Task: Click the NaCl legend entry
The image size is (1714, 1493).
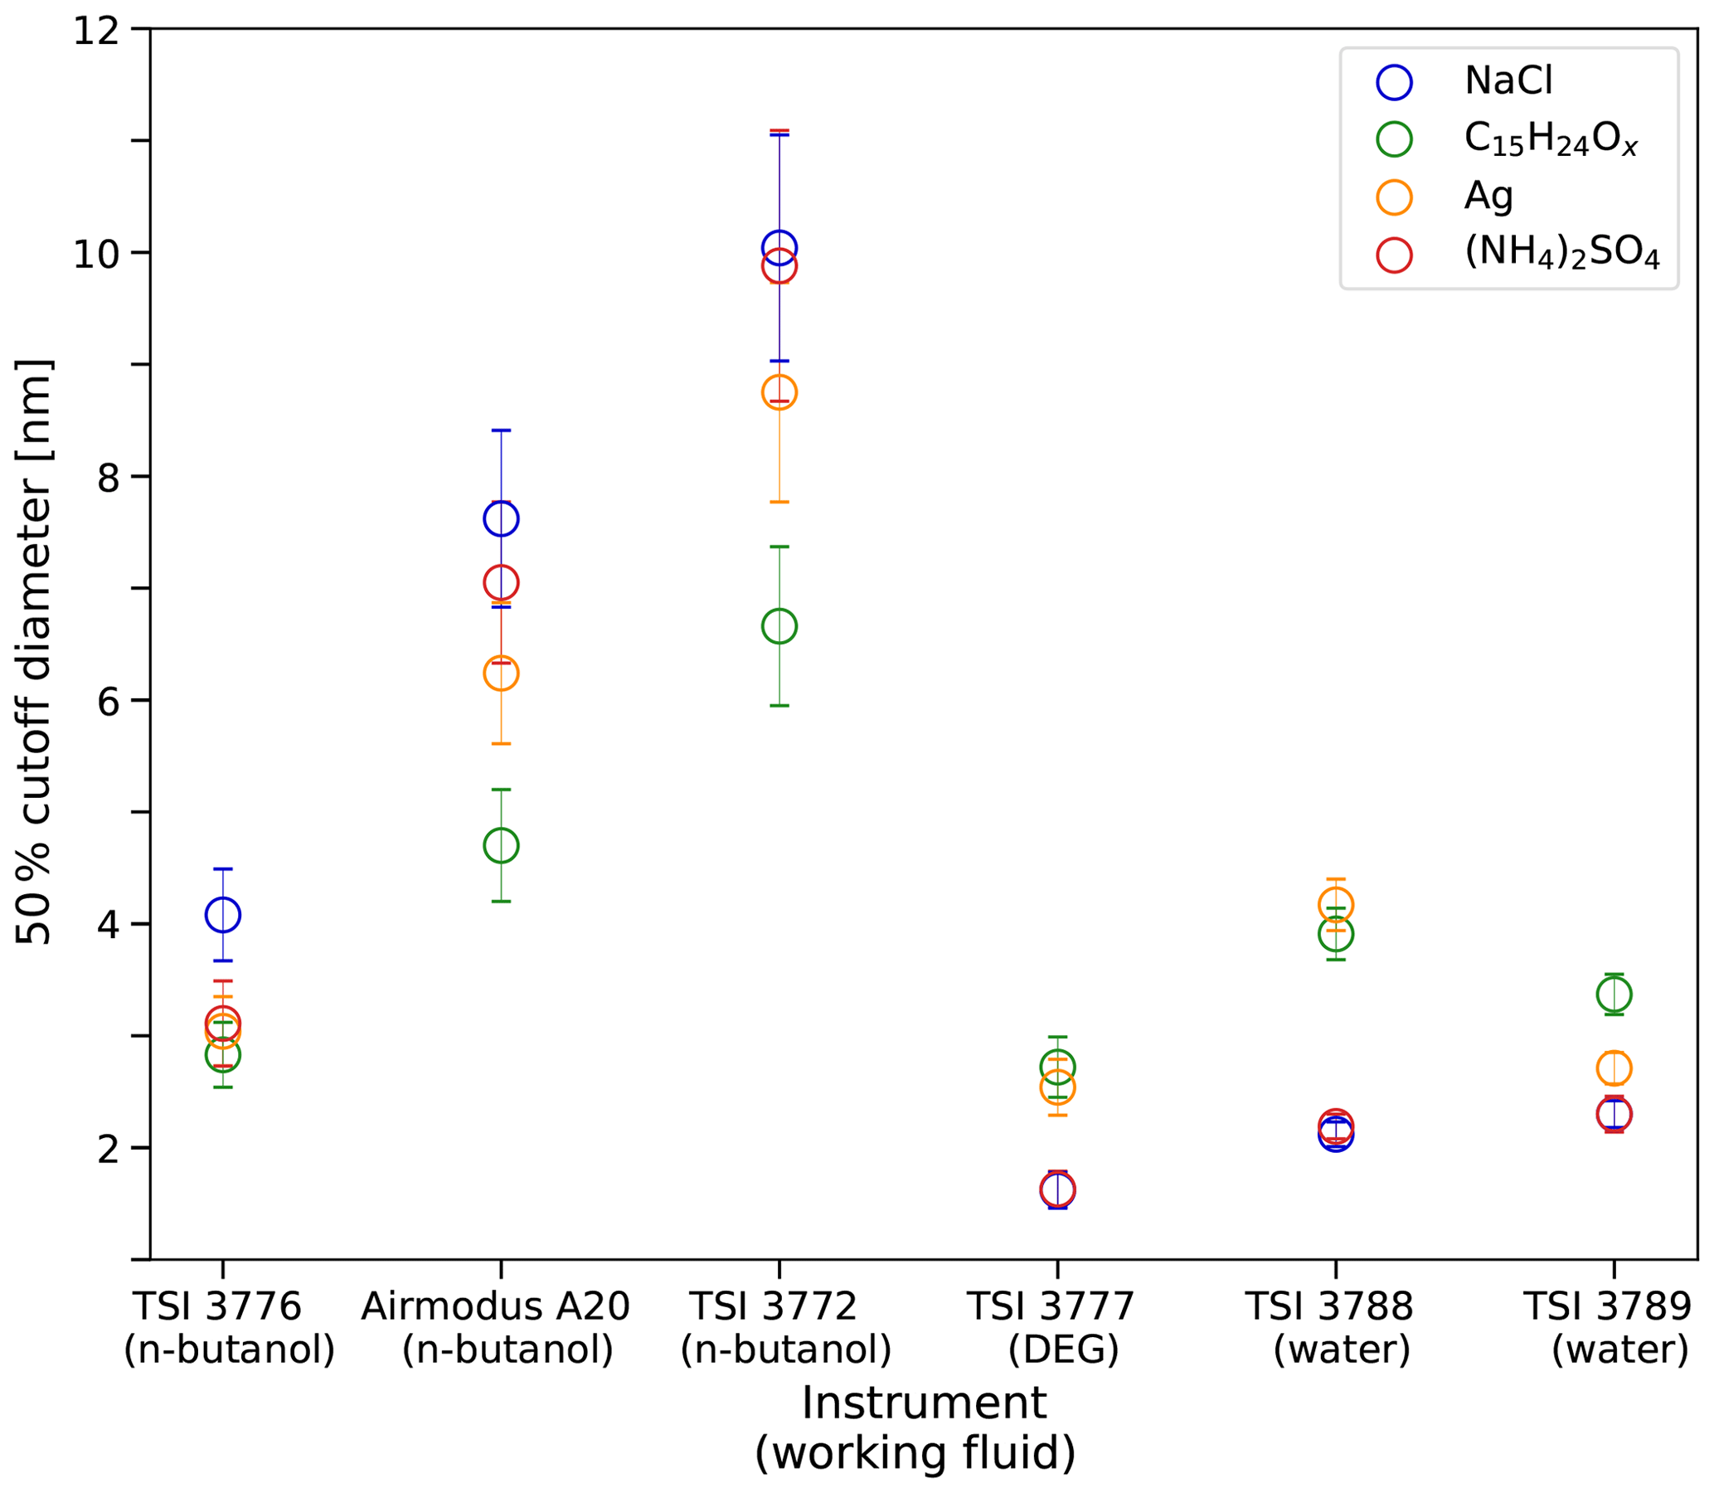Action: tap(1508, 81)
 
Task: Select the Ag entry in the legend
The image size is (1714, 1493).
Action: tap(1488, 197)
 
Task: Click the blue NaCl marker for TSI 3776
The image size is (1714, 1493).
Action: tap(222, 915)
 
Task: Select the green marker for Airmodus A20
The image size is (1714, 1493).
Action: tap(501, 846)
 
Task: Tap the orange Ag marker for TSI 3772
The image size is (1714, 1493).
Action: tap(779, 391)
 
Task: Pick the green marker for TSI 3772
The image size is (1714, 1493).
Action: tap(779, 625)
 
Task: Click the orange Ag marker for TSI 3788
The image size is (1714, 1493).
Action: tap(1335, 904)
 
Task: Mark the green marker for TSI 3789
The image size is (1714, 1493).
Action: tap(1613, 994)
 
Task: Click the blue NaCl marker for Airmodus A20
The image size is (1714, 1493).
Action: tap(501, 519)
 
